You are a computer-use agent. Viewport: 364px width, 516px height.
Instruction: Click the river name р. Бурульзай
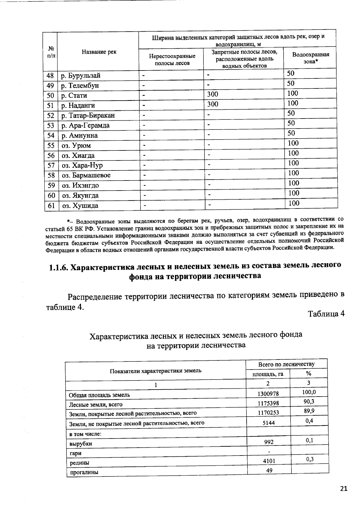tap(81, 76)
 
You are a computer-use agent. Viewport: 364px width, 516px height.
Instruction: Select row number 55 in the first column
tap(50, 146)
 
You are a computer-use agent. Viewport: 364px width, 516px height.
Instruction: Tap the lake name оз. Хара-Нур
tap(82, 166)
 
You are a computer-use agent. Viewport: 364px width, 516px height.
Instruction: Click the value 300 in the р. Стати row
tap(213, 95)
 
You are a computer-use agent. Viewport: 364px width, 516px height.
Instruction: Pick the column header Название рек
tap(99, 52)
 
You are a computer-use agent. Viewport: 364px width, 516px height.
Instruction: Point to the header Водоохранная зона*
tap(310, 57)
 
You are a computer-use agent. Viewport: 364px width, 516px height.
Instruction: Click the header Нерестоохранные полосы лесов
tap(172, 60)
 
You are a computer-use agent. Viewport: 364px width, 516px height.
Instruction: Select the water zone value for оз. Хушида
tap(294, 203)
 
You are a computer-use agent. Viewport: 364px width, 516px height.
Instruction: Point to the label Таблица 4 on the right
tap(326, 314)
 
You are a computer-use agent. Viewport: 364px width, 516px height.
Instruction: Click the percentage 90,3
tap(309, 401)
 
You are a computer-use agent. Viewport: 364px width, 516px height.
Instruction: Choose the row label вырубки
tap(81, 444)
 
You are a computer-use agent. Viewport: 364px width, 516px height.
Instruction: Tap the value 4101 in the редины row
tap(269, 461)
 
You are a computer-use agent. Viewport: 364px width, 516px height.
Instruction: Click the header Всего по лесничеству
tap(286, 364)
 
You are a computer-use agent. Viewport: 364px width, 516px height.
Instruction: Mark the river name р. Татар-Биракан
tap(88, 116)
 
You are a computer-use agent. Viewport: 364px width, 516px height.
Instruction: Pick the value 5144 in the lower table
tap(268, 423)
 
